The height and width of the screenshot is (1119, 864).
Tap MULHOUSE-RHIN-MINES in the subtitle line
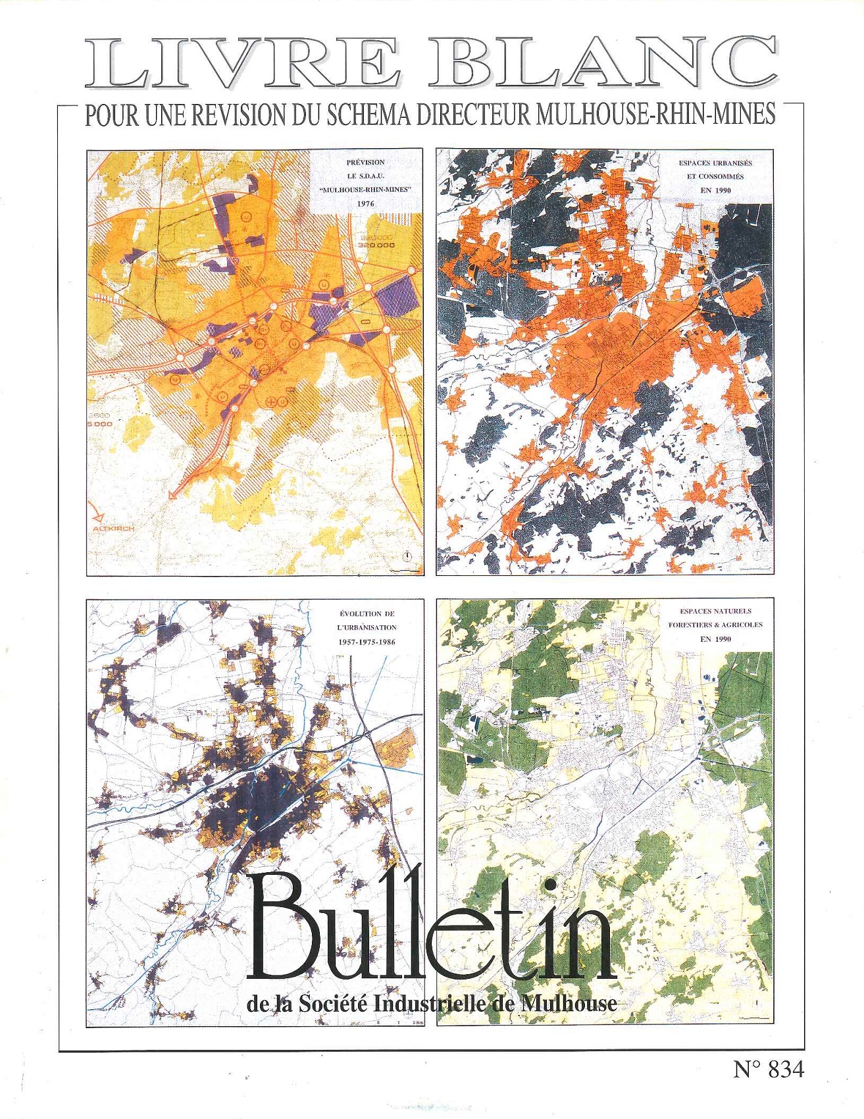(x=655, y=115)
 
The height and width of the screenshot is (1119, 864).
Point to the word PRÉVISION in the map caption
(x=366, y=162)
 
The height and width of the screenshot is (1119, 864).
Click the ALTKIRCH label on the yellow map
(x=113, y=529)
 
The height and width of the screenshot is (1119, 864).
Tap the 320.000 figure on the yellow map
(x=376, y=245)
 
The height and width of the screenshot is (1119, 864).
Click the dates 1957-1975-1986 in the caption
(x=367, y=642)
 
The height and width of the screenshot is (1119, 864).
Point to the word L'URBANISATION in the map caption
(x=367, y=628)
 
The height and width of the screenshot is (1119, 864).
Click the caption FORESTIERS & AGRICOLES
(x=715, y=625)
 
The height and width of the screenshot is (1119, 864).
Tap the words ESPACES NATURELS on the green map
(x=715, y=611)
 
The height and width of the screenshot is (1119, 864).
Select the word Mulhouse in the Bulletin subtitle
(x=569, y=1004)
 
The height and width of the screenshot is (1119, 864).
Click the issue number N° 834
(x=768, y=1070)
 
